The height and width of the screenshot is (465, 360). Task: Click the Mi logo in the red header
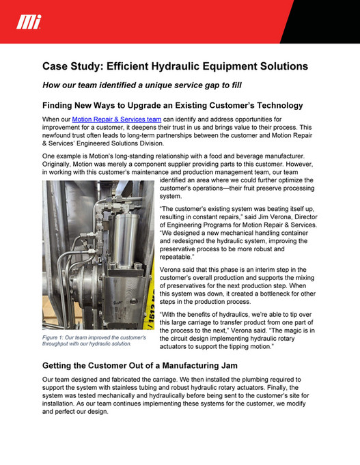[29, 23]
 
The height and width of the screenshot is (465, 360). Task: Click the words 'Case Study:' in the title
[75, 66]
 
